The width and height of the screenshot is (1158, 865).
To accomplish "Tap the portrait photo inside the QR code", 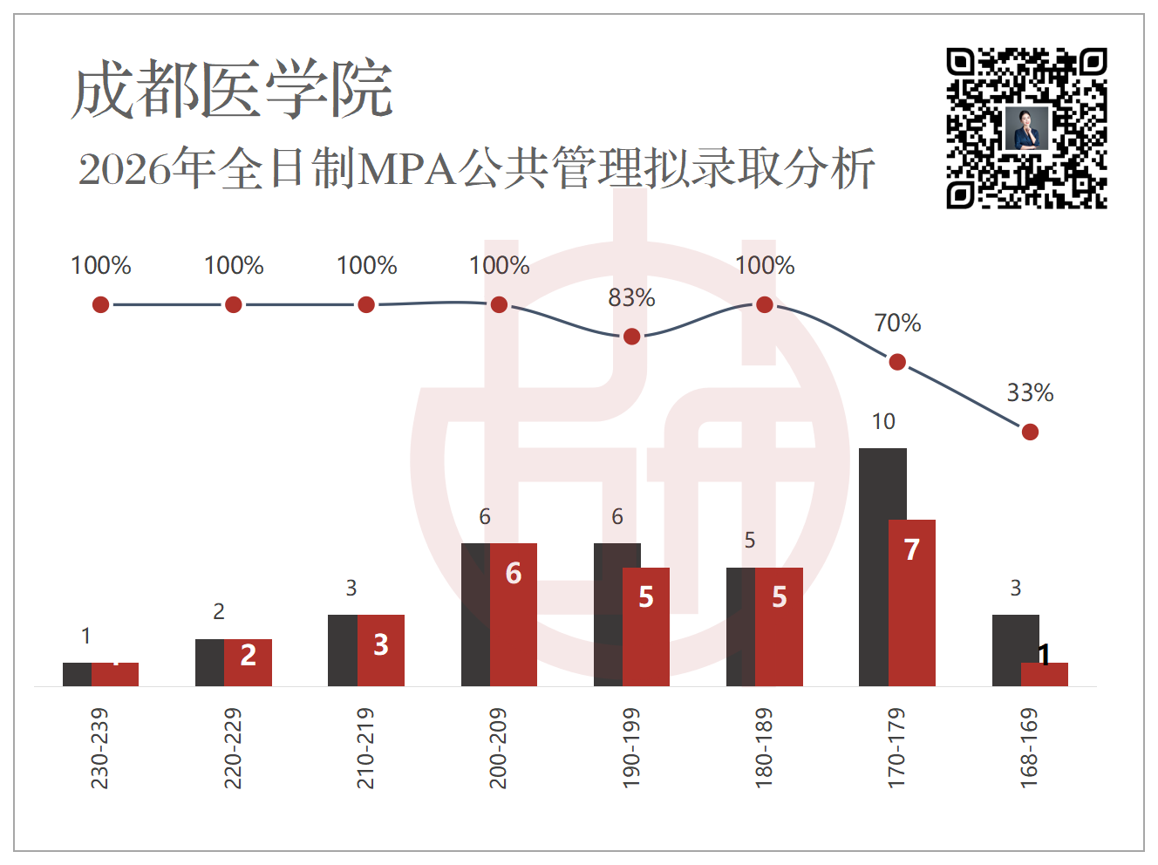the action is coord(1026,128).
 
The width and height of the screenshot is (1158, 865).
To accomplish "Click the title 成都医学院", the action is coord(232,89).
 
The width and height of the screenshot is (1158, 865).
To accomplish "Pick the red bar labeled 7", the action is coord(912,603).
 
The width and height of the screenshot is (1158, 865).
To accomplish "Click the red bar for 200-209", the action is coord(514,615).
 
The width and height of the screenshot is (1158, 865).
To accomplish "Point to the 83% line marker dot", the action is coord(631,337).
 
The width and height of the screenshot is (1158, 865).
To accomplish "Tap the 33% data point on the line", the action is coord(1030,432).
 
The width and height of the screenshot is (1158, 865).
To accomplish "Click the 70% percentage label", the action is coord(897,323).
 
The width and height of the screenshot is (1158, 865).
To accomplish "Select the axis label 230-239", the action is coord(99,748).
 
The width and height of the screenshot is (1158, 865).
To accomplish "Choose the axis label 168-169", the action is coord(1029,748).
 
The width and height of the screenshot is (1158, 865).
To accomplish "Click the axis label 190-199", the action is coord(631,748).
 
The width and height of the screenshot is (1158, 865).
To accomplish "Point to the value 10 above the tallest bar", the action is coord(883,421).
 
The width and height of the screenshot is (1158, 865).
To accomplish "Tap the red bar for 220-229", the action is coord(248,663).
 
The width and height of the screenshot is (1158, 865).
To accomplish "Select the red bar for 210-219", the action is coord(381,650).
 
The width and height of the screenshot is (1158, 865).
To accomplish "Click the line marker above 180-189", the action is coord(765,304).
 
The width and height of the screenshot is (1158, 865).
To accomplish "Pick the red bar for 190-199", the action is coord(646,627).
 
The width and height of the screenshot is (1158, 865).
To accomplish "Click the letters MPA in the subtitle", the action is coord(406,170).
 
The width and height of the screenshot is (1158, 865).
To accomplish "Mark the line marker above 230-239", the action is coord(100,304).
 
